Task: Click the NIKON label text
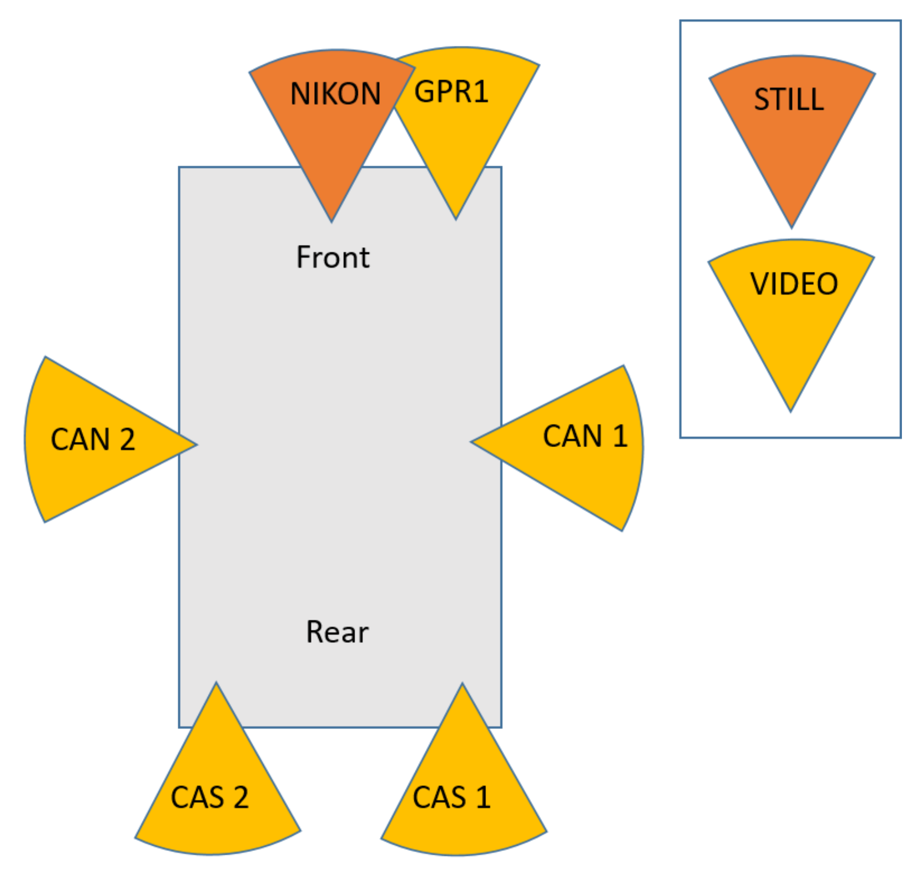tap(335, 94)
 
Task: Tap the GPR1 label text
tap(451, 92)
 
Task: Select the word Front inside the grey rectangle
tap(332, 257)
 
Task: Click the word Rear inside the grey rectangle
tap(337, 632)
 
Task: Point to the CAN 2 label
tap(93, 440)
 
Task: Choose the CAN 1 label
tap(585, 436)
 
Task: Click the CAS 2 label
tap(209, 797)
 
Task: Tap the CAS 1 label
tap(451, 797)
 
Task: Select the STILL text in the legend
tap(789, 99)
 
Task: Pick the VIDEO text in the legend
tap(794, 283)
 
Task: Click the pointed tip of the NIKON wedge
tap(331, 221)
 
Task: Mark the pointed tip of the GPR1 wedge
tap(456, 218)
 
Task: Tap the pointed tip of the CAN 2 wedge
tap(196, 444)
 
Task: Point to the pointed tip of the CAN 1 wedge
tap(472, 442)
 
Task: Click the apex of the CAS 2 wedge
tap(217, 684)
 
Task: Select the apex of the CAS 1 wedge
tap(462, 685)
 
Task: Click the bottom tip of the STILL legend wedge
tap(792, 227)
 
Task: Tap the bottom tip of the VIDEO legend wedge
tap(791, 411)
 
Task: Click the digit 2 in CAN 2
tap(127, 440)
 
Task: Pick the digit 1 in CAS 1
tap(483, 797)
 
